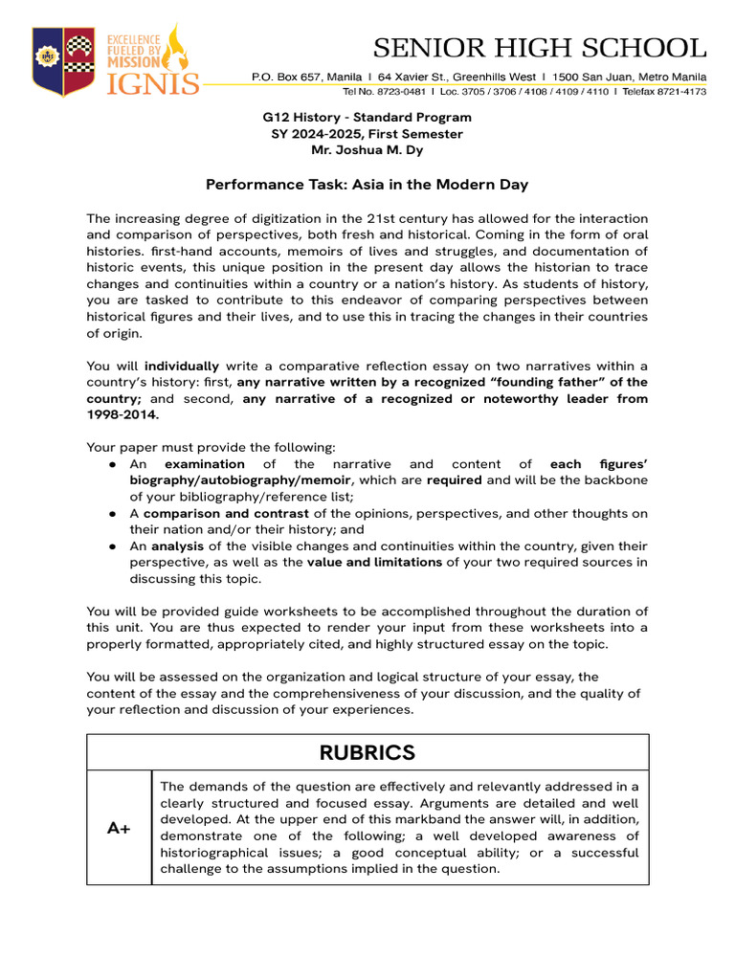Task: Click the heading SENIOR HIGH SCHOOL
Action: click(x=540, y=48)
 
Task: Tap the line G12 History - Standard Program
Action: click(x=367, y=118)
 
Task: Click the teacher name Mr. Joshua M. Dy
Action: click(x=367, y=150)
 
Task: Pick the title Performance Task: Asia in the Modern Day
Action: click(x=367, y=184)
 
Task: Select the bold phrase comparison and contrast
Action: click(x=197, y=513)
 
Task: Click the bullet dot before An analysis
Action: click(x=112, y=546)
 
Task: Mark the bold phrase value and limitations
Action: click(x=374, y=562)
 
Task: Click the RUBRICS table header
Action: click(x=367, y=752)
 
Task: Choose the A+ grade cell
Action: click(x=119, y=828)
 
